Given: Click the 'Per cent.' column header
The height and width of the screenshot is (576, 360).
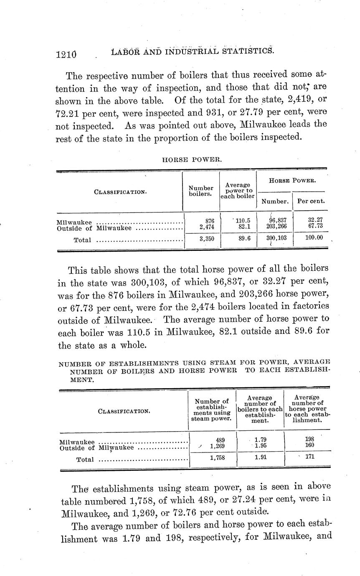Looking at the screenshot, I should (311, 201).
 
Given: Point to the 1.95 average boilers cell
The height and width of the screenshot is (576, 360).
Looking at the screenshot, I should (260, 446).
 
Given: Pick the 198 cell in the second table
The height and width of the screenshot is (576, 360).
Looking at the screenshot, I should (309, 439).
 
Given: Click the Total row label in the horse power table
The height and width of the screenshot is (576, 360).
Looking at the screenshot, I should (83, 240).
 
